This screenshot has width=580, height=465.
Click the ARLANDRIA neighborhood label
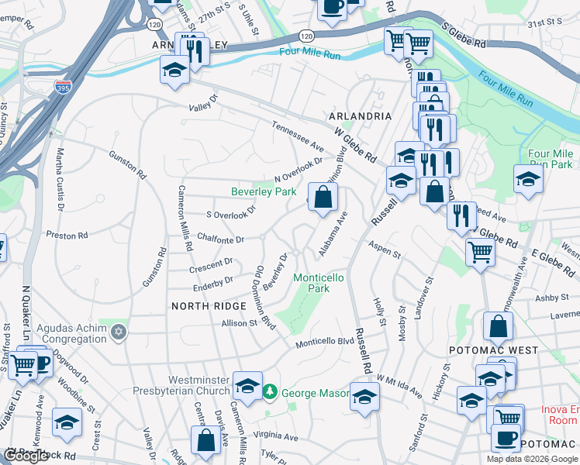(x=360, y=115)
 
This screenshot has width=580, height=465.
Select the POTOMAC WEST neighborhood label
(x=493, y=350)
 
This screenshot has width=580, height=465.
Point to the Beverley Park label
(x=264, y=191)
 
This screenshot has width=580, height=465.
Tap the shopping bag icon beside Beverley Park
(x=323, y=196)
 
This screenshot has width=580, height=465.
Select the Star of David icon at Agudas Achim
(x=119, y=332)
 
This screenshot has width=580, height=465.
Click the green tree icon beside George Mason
(x=270, y=393)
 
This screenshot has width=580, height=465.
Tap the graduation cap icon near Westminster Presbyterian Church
(x=247, y=386)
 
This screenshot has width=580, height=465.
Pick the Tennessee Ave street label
(x=297, y=136)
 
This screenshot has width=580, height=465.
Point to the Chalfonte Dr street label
(x=221, y=239)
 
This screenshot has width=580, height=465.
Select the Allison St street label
(x=239, y=323)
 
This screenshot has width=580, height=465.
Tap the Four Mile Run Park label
(x=550, y=159)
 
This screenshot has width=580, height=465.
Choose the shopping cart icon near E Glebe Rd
(x=480, y=250)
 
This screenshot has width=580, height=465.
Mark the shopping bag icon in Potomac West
(x=497, y=327)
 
